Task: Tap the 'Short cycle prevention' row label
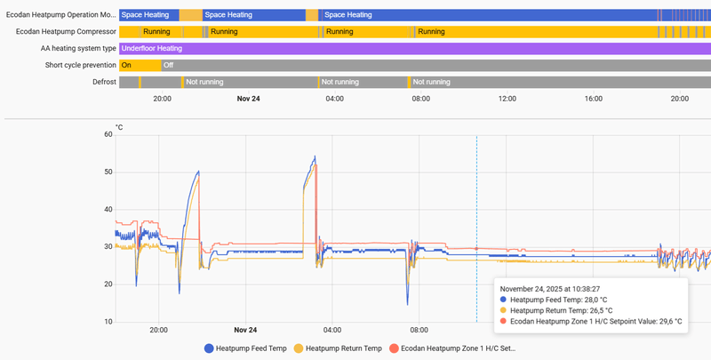point(80,65)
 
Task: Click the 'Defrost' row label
point(104,82)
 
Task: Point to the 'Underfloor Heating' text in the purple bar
point(152,48)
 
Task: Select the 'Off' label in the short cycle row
point(168,65)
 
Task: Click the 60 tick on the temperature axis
point(108,134)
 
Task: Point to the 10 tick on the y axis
point(108,321)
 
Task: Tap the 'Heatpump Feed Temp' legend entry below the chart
point(245,348)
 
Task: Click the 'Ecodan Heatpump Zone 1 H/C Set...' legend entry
point(452,348)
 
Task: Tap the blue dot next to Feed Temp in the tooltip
point(503,300)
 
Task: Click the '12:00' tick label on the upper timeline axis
point(507,98)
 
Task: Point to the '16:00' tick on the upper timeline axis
point(594,98)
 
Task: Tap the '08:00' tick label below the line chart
point(418,330)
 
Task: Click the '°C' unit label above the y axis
point(120,127)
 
